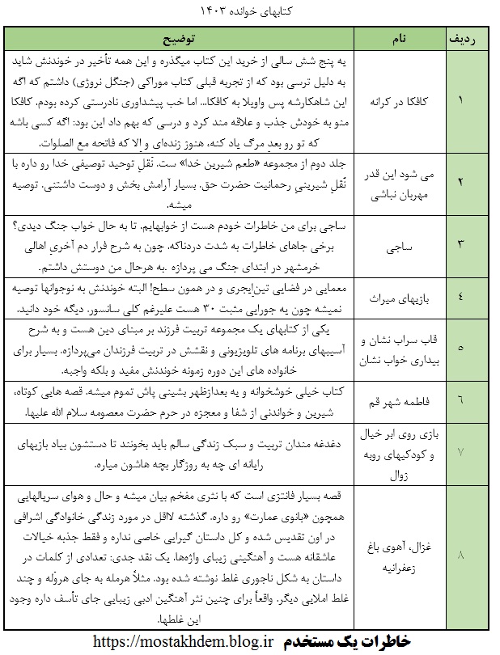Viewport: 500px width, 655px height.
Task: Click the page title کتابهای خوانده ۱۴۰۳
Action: pyautogui.click(x=249, y=13)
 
